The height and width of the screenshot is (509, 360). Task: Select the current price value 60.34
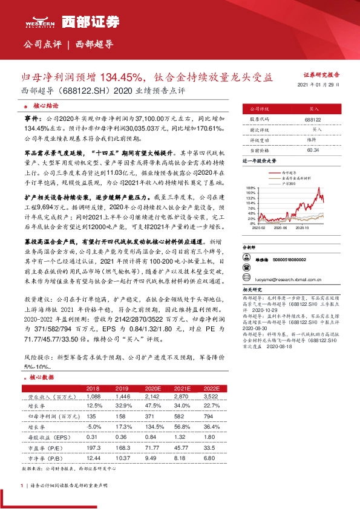tap(313, 149)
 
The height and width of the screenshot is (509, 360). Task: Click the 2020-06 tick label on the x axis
tap(278, 228)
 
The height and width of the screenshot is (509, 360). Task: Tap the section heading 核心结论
tap(45, 104)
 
